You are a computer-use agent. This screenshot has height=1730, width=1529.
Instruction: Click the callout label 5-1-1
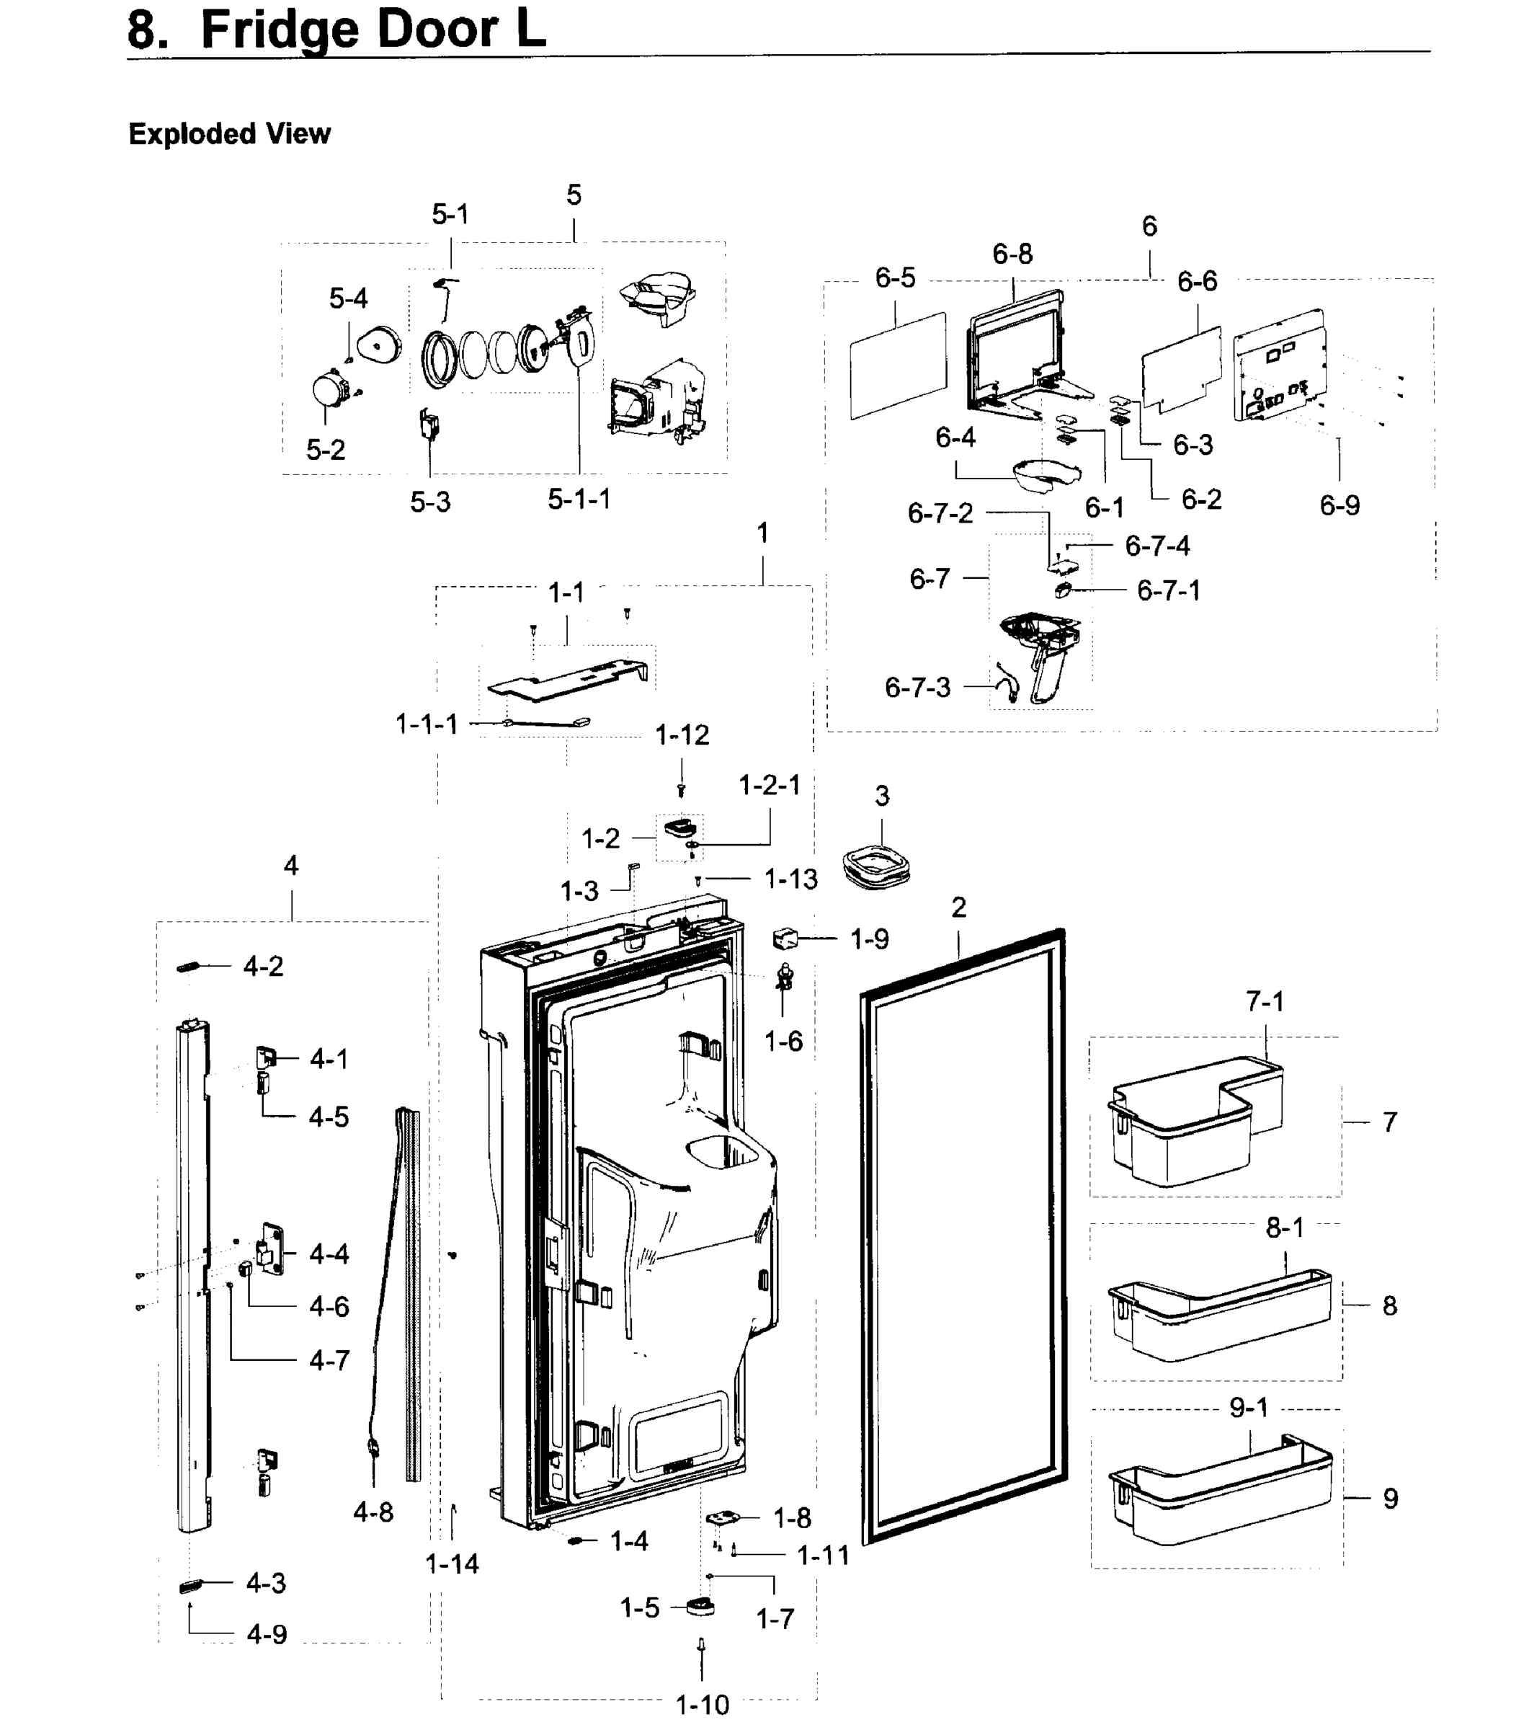tap(579, 500)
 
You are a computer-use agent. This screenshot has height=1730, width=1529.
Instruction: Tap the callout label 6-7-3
tap(917, 687)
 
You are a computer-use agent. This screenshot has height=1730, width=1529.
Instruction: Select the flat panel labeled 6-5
tap(898, 365)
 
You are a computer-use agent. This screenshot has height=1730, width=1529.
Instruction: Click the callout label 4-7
tap(329, 1361)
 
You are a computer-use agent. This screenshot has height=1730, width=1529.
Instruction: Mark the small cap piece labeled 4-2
tap(187, 967)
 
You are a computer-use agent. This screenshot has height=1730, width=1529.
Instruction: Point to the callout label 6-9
tap(1339, 505)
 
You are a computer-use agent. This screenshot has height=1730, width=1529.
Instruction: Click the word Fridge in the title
tap(282, 30)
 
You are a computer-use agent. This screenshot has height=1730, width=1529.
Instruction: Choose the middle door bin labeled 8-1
tap(1218, 1312)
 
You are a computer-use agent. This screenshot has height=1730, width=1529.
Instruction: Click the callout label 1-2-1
tap(769, 786)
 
